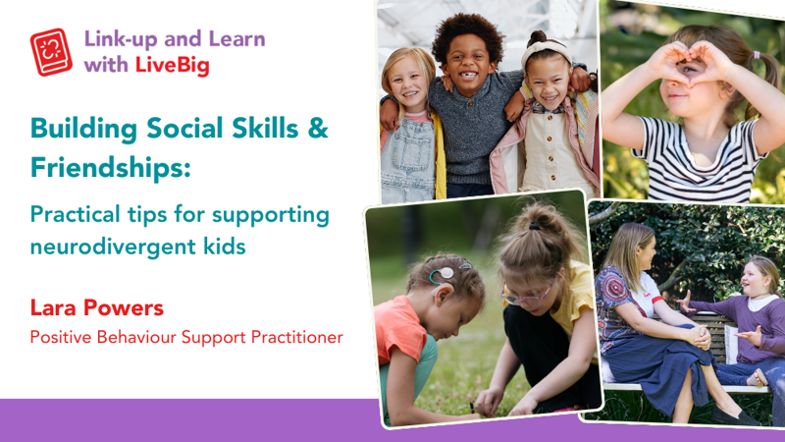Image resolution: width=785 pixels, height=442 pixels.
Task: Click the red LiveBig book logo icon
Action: click(x=51, y=52)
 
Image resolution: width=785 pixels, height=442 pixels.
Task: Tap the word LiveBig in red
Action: click(x=173, y=66)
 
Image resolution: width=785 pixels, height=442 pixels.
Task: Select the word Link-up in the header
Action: click(x=120, y=39)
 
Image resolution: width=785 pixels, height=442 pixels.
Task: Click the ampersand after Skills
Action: click(x=318, y=128)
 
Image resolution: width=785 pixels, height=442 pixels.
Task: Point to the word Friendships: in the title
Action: click(x=111, y=167)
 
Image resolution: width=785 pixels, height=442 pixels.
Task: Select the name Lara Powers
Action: click(x=96, y=307)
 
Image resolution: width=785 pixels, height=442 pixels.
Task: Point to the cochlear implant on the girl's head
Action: click(x=443, y=274)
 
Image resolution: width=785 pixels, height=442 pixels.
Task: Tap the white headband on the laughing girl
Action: click(x=546, y=51)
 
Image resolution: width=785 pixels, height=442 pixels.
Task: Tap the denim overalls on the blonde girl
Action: click(x=408, y=161)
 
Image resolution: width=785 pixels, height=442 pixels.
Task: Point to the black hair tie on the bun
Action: click(x=534, y=226)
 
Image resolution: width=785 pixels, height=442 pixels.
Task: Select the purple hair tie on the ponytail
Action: click(x=757, y=55)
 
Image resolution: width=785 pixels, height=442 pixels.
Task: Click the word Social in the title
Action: click(x=184, y=128)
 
